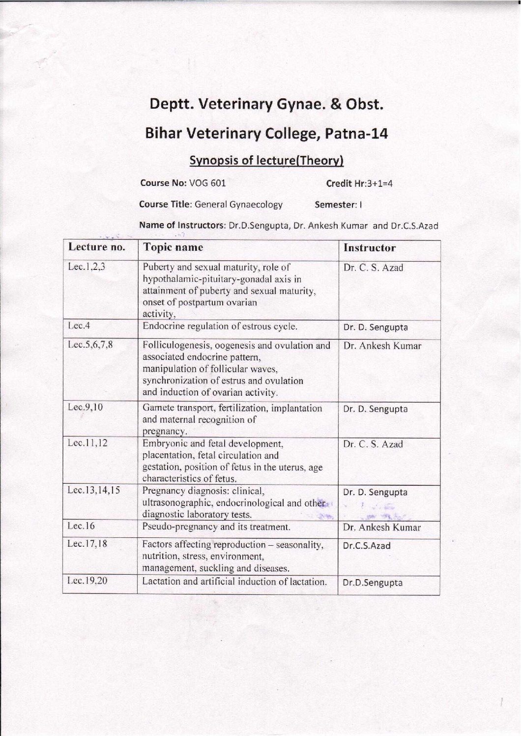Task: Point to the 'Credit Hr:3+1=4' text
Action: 359,184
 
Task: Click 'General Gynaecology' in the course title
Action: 238,204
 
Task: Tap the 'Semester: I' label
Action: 338,205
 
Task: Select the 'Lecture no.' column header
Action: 97,247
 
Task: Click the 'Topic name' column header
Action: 173,247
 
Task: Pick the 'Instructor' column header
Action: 369,248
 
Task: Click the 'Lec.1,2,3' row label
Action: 87,267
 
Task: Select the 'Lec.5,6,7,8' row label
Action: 90,345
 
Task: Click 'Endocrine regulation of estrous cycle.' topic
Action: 220,326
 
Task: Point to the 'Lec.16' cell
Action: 81,526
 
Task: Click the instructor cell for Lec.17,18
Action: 367,546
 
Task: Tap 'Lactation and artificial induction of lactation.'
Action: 234,582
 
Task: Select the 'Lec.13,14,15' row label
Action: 94,490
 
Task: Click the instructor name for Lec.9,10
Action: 375,409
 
